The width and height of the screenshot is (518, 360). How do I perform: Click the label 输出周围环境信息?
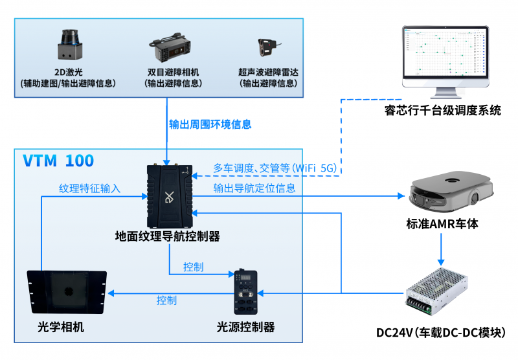[210, 124]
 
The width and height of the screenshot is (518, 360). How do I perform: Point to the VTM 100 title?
[58, 161]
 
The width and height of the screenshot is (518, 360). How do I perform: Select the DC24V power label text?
[440, 333]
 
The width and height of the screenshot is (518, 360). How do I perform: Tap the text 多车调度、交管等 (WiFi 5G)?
[275, 168]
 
